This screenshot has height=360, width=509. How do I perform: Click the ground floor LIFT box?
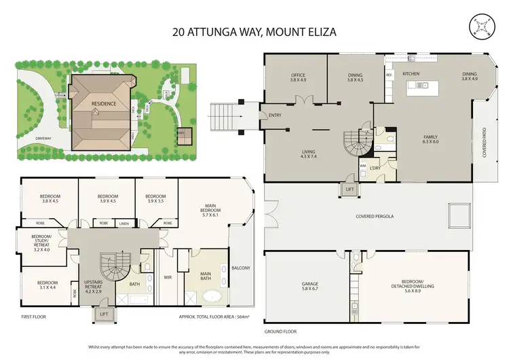[350, 190]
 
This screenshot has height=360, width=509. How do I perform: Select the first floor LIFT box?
[103, 314]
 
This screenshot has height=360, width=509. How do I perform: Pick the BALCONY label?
[240, 268]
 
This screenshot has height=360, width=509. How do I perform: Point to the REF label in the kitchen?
[390, 76]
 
